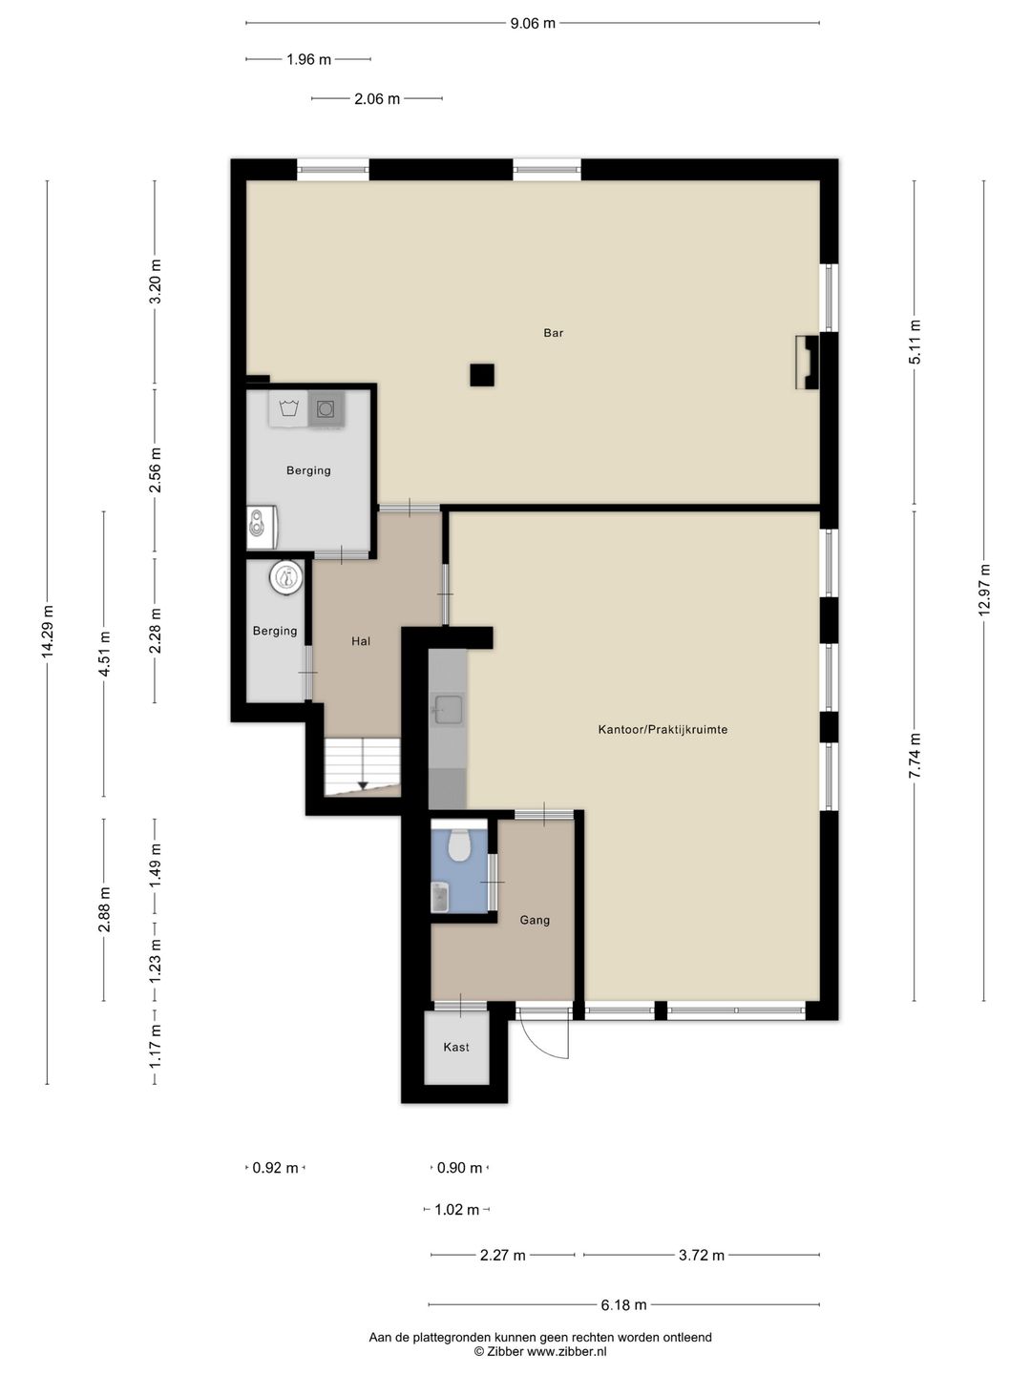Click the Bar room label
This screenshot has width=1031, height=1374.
click(554, 333)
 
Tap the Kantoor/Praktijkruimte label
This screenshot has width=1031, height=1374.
click(663, 729)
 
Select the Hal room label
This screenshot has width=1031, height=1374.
click(361, 641)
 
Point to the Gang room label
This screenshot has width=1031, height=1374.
click(535, 920)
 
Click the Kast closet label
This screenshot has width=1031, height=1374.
click(455, 1047)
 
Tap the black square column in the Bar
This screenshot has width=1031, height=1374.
click(482, 375)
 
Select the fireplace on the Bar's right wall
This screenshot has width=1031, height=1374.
click(807, 362)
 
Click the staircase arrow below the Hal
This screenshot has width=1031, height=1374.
click(363, 785)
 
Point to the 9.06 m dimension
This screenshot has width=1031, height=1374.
click(533, 24)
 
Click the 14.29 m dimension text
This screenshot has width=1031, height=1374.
click(48, 632)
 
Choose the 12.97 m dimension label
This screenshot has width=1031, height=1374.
click(984, 591)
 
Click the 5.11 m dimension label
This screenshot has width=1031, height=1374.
click(915, 342)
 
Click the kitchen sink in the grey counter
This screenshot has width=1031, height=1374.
click(449, 709)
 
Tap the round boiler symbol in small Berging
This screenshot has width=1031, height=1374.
click(286, 577)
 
